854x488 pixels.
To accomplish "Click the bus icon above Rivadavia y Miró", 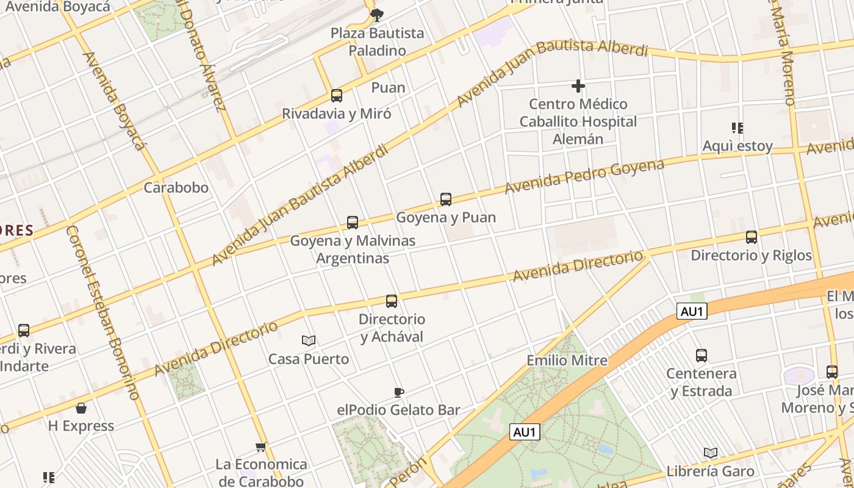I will (336, 96).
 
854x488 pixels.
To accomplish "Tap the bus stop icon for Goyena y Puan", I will (446, 199).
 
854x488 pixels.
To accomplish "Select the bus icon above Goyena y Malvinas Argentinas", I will (353, 223).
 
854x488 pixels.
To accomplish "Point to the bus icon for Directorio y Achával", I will (392, 301).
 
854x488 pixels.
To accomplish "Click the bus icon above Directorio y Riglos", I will (752, 237).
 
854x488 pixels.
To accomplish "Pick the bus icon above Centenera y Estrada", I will (701, 355).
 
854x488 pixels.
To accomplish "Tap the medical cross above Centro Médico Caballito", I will (578, 86).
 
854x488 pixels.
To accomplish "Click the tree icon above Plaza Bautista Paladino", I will (377, 15).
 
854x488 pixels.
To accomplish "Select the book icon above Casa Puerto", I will (309, 340).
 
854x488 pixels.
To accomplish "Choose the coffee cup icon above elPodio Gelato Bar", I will (398, 392).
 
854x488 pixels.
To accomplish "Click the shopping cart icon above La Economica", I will (261, 447).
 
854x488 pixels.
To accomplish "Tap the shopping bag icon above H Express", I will (81, 408).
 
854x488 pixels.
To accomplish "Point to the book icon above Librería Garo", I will (710, 453).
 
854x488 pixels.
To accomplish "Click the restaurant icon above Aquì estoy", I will (737, 128).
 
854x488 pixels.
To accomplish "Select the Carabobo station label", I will (176, 187).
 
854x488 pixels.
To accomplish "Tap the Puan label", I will (388, 87).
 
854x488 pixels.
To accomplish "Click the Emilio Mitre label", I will (567, 360).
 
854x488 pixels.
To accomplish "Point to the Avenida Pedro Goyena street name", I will (584, 176).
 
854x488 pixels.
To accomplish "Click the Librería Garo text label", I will (710, 471).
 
